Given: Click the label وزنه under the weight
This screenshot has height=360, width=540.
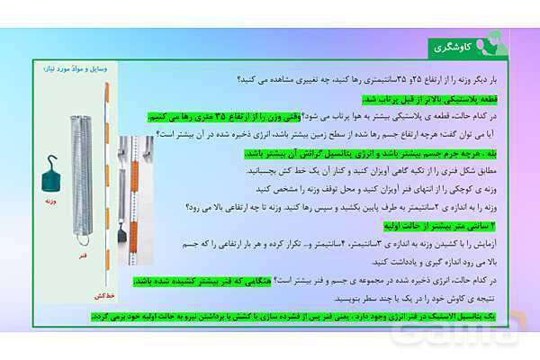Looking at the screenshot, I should pos(50,202).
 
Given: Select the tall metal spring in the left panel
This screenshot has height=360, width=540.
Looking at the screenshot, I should pos(81,180).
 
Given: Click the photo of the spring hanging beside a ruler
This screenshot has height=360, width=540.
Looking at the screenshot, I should pos(135,202).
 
